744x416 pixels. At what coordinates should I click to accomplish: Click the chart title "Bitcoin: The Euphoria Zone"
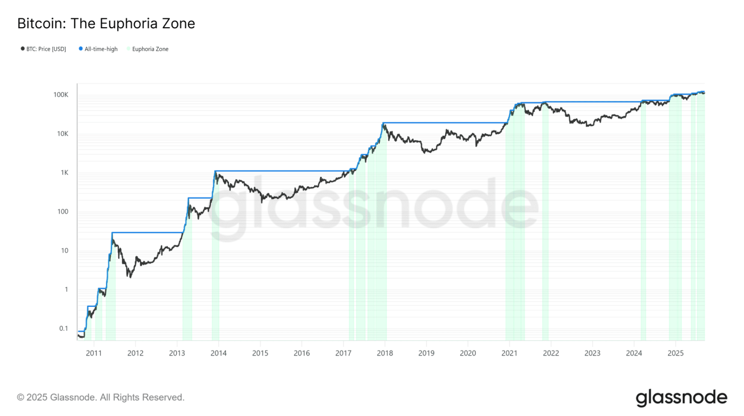106,24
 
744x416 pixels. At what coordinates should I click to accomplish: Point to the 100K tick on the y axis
61,95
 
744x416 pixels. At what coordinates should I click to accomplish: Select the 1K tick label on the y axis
64,173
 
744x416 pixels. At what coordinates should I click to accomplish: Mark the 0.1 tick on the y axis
63,329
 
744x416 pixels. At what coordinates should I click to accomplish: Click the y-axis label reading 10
65,251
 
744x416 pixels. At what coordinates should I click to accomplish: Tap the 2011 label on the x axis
94,353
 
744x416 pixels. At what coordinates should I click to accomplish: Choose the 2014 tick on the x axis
218,353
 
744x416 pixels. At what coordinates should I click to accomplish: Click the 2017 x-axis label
343,353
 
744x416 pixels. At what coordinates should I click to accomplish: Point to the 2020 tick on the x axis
468,353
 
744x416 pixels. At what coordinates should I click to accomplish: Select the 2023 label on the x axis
592,353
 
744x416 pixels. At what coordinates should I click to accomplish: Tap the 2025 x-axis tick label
675,353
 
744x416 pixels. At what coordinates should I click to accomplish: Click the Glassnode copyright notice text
101,397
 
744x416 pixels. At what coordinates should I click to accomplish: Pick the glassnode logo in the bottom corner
681,398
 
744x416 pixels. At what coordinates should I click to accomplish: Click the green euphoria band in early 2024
643,224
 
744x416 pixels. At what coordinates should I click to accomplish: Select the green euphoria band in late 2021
545,224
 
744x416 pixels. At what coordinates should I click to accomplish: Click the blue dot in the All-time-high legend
81,49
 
